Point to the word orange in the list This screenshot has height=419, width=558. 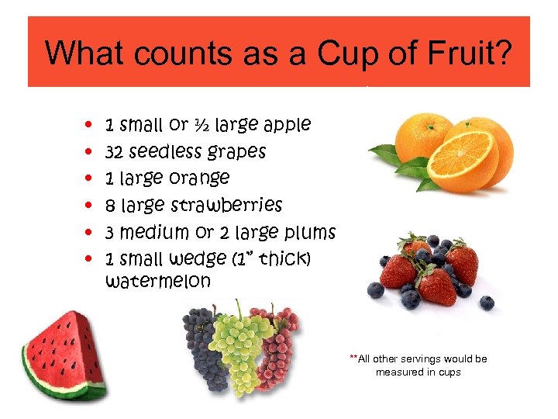tap(201, 178)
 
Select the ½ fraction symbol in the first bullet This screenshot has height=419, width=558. tap(200, 124)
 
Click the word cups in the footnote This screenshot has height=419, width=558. tap(448, 372)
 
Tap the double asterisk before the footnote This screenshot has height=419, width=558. tap(353, 358)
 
